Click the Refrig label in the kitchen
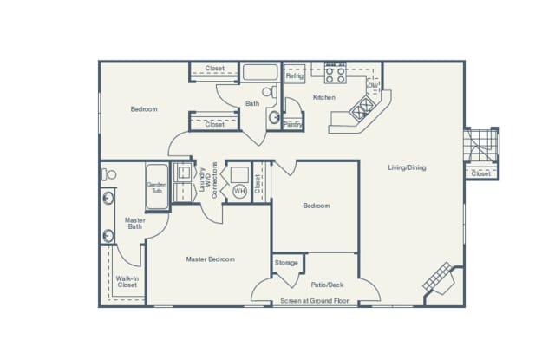[x=294, y=76]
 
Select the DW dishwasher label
[x=372, y=85]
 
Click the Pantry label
[x=292, y=125]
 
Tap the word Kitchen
[x=324, y=97]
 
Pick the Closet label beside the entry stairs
[x=480, y=173]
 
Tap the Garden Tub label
[x=157, y=187]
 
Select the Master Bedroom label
[x=210, y=259]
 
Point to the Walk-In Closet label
[x=127, y=281]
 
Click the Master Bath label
[x=134, y=223]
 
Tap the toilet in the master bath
[x=108, y=174]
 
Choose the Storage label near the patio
[x=286, y=263]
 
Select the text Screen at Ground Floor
[x=314, y=301]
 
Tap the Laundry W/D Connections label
[x=209, y=178]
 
